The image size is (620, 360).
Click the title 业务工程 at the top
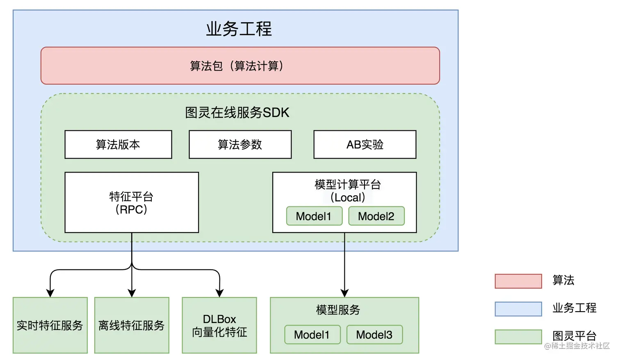(x=239, y=29)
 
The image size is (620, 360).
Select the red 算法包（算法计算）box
(x=240, y=66)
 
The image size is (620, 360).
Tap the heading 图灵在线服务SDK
(x=237, y=112)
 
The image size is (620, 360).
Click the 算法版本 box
(x=118, y=144)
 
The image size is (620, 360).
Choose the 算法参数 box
(x=240, y=144)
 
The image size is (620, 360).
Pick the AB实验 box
(x=365, y=144)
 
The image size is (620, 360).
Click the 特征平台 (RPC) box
(x=132, y=203)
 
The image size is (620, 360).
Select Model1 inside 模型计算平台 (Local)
(x=314, y=216)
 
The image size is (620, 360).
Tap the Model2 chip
(x=376, y=216)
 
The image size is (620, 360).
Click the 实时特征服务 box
(x=50, y=325)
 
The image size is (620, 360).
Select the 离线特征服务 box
(x=132, y=325)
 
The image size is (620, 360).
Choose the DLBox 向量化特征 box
(x=219, y=325)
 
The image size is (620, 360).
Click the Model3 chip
(x=374, y=335)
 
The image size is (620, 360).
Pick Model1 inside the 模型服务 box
(x=312, y=335)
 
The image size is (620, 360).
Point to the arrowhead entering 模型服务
(x=344, y=293)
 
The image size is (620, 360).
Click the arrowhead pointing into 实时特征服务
(x=50, y=293)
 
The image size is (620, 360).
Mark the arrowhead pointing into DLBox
(x=219, y=293)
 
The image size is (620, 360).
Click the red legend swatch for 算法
(x=518, y=281)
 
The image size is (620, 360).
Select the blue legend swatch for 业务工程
(x=518, y=309)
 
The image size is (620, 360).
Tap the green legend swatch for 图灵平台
(x=518, y=337)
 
